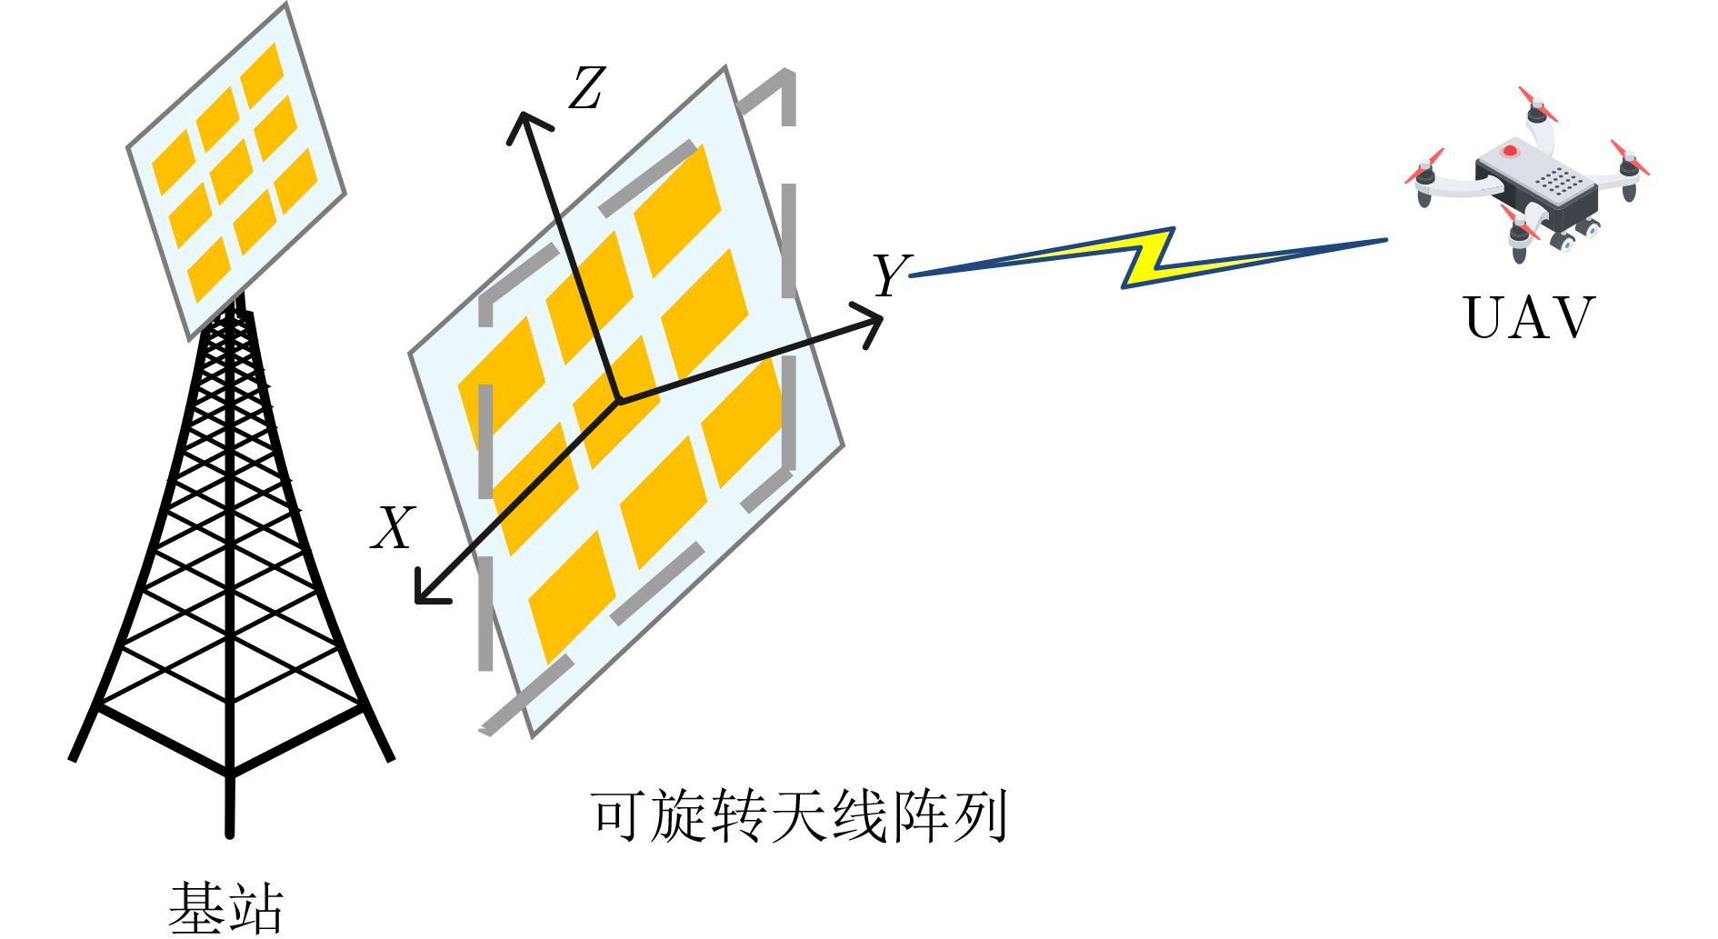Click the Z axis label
click(587, 88)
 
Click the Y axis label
click(891, 275)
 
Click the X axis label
click(394, 527)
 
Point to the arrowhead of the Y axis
click(868, 325)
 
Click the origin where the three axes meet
click(618, 401)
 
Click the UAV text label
click(1529, 317)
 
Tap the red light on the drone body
click(1510, 150)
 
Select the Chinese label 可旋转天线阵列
click(799, 815)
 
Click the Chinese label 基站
click(226, 908)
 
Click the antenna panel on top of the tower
click(236, 171)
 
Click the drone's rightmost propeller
click(1630, 157)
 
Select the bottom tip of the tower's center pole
click(230, 833)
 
